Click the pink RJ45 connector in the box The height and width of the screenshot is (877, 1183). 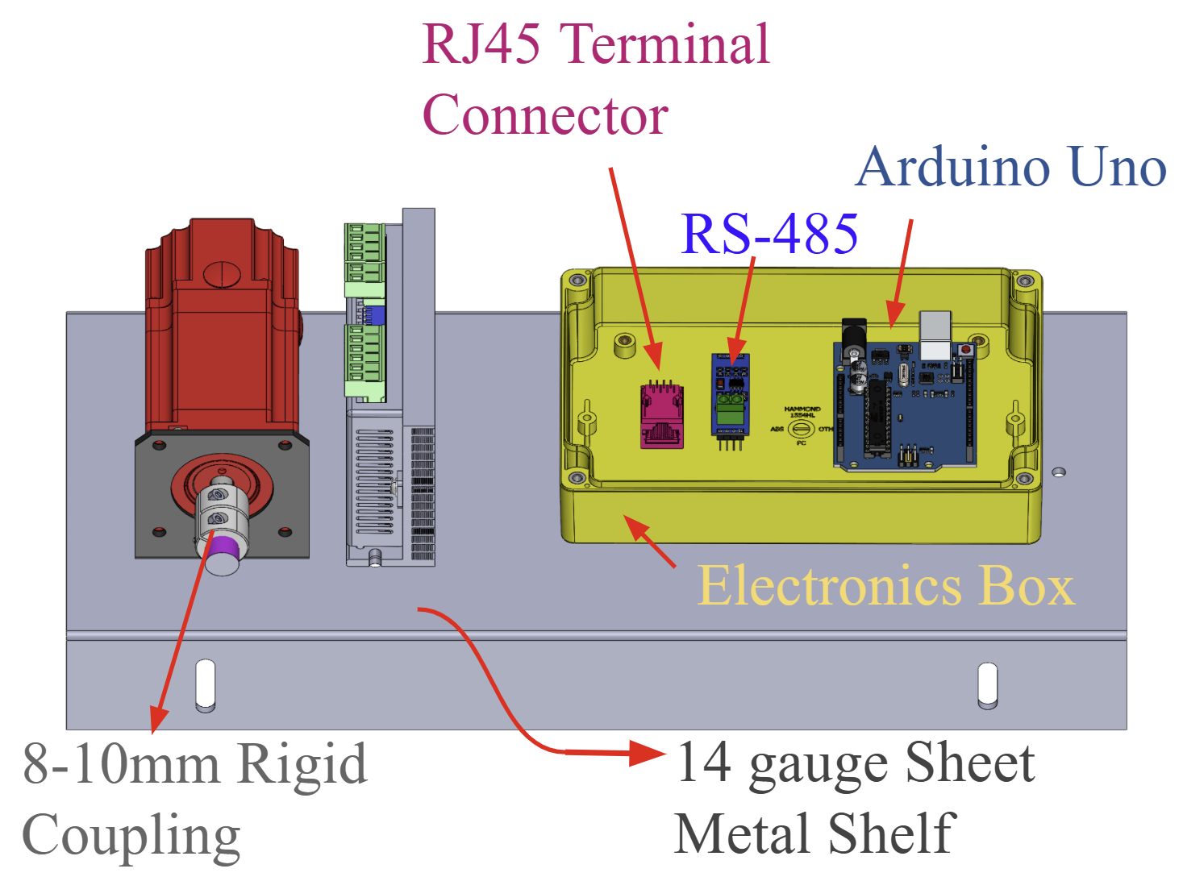point(661,414)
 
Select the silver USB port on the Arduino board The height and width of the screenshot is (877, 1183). point(935,335)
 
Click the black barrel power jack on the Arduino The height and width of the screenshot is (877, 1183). point(853,336)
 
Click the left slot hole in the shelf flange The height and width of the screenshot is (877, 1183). point(206,685)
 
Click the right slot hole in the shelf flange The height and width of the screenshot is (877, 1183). point(987,685)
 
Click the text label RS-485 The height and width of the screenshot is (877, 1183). point(769,234)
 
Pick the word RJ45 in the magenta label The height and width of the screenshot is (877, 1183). point(481,44)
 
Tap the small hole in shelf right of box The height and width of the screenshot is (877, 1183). point(1059,472)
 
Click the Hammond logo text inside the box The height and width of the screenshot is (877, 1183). point(802,411)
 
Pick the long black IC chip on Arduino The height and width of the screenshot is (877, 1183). point(877,419)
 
